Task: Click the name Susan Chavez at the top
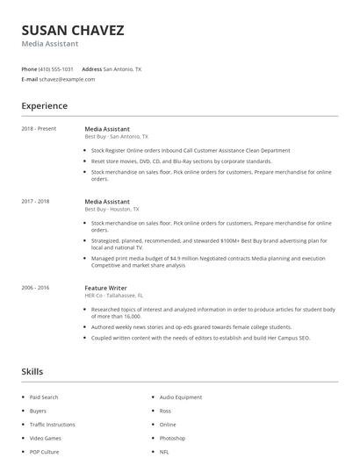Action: click(72, 30)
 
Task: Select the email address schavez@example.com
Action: click(67, 79)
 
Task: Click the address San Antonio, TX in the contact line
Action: click(122, 68)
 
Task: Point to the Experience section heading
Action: click(44, 106)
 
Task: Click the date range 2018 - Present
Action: click(39, 129)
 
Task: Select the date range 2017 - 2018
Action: click(36, 201)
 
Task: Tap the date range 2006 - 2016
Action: click(36, 287)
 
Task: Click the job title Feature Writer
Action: click(107, 287)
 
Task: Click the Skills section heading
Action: click(32, 371)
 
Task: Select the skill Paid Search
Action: click(44, 397)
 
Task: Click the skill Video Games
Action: click(46, 438)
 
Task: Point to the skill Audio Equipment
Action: click(181, 397)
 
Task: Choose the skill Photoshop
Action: click(172, 438)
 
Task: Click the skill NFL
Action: click(164, 452)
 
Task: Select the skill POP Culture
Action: click(45, 452)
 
